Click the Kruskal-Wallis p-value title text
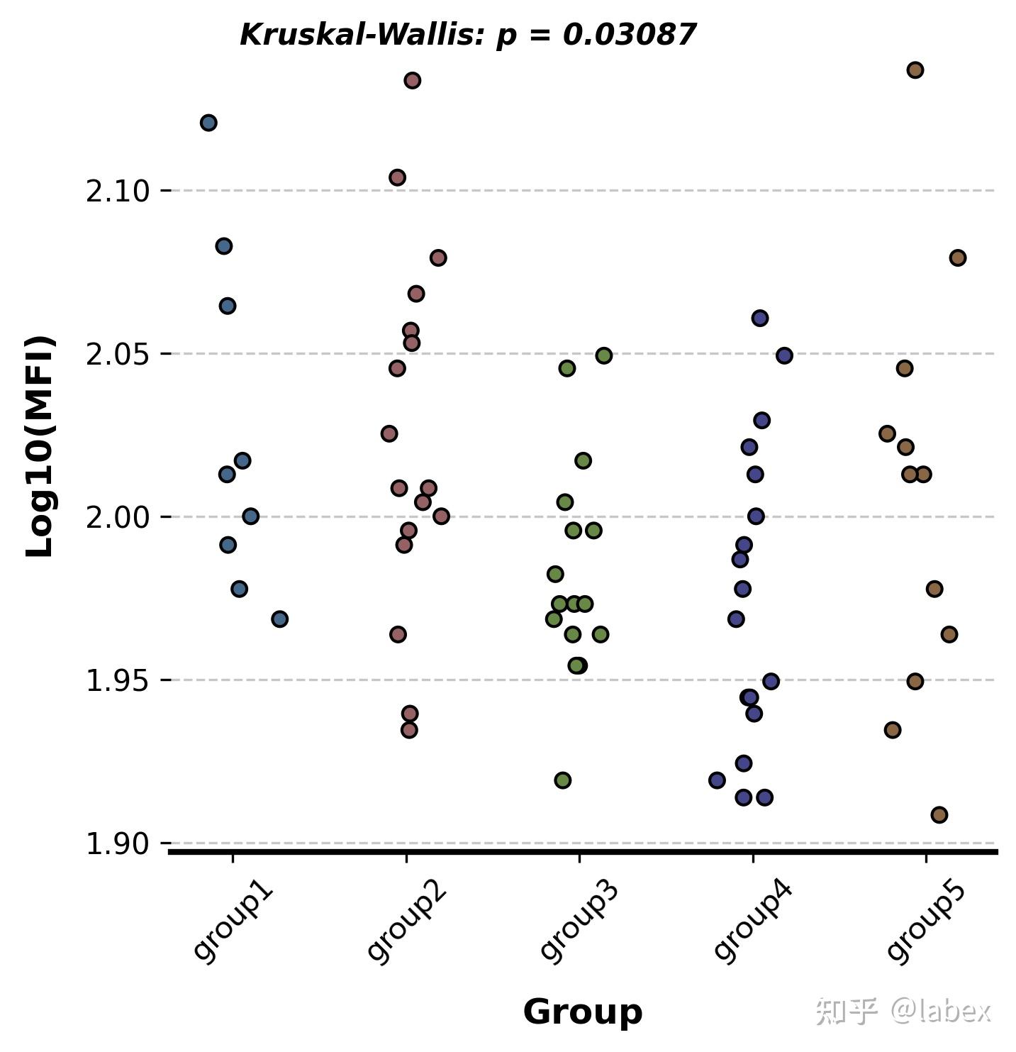point(468,35)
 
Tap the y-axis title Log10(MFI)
point(40,447)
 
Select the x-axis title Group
point(582,1012)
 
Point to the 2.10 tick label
point(117,192)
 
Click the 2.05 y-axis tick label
point(117,354)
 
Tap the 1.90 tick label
point(117,844)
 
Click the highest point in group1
point(208,123)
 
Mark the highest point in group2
point(413,80)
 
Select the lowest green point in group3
point(563,780)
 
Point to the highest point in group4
point(760,319)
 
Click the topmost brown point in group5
point(915,70)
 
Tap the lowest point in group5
point(939,814)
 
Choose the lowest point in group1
point(280,619)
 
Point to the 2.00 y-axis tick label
point(117,517)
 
